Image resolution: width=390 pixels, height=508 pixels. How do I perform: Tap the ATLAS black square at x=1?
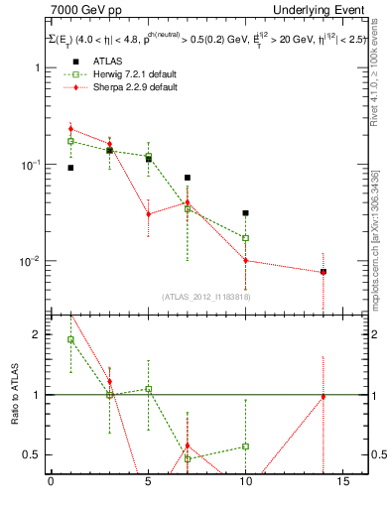pos(70,168)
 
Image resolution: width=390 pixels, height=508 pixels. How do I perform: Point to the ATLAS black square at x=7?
pos(187,178)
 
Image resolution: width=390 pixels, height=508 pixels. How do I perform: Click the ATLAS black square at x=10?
pos(245,213)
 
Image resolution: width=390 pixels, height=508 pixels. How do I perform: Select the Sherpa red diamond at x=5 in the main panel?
pos(148,214)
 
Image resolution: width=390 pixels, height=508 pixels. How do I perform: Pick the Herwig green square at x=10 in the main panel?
pos(245,238)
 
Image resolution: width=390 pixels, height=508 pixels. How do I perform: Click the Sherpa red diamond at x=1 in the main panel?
pos(70,129)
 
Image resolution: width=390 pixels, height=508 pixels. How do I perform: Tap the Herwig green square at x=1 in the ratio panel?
pos(70,339)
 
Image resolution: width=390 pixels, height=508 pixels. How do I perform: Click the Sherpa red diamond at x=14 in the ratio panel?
pos(323,397)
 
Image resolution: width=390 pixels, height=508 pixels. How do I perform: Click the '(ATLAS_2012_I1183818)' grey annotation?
pos(206,297)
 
